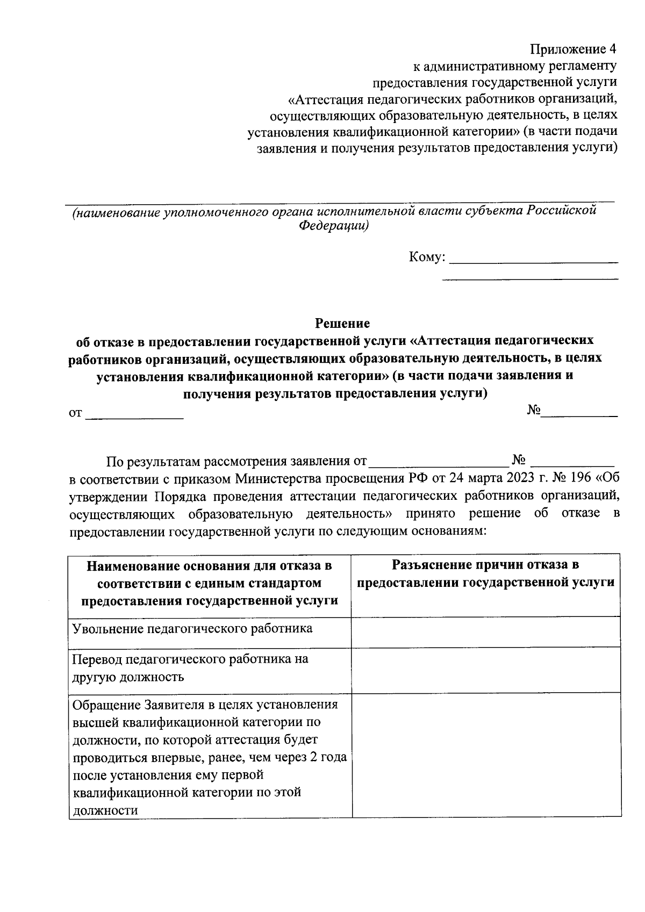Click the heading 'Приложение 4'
[x=574, y=49]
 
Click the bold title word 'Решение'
[x=342, y=324]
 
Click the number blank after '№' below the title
[x=579, y=413]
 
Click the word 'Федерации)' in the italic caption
[x=333, y=226]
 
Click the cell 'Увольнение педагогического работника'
[x=192, y=628]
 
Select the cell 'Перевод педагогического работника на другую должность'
[x=190, y=667]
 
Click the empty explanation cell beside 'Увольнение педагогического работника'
[x=485, y=631]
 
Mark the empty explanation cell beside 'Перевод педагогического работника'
[x=485, y=670]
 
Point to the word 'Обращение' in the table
[x=106, y=705]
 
